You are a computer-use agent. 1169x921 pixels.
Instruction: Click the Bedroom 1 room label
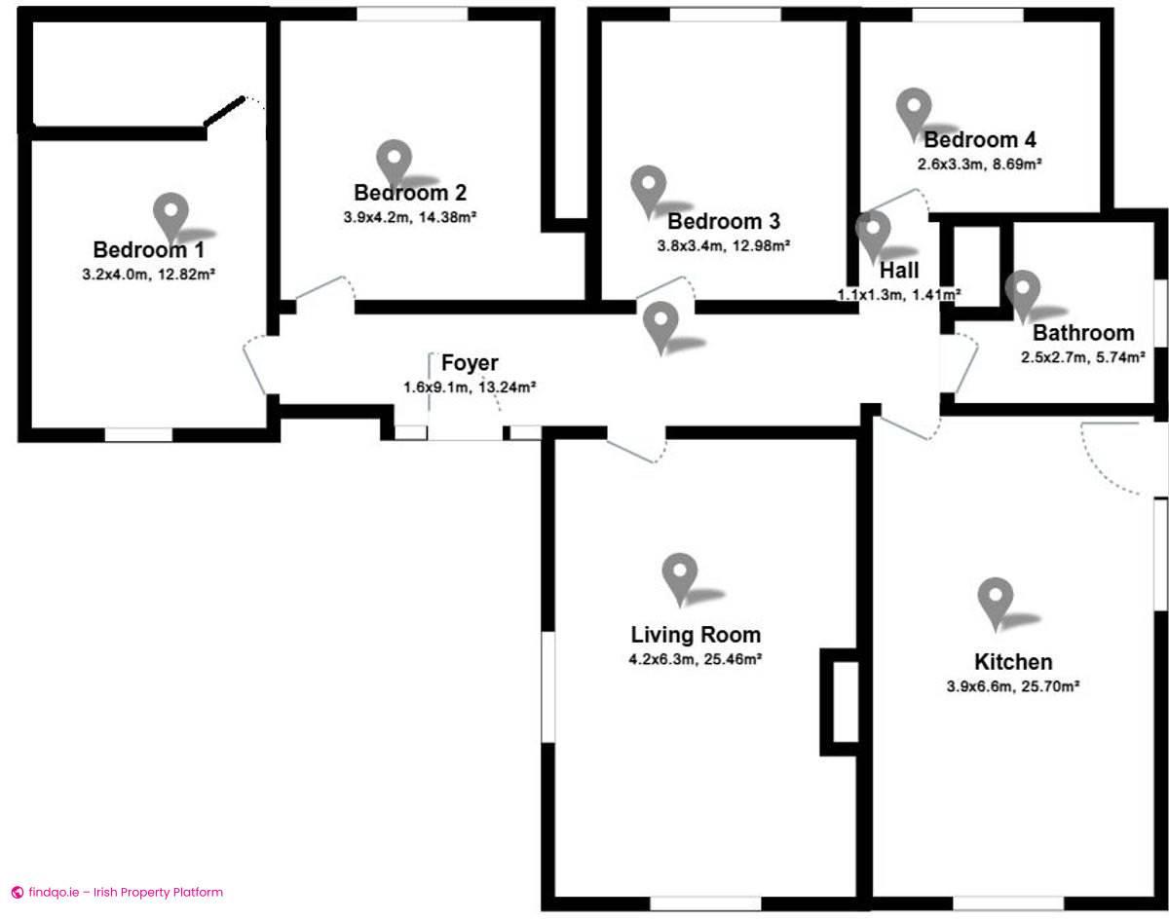tap(149, 250)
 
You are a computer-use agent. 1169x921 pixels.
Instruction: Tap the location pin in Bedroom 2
tap(394, 163)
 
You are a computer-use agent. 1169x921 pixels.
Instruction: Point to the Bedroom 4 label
tap(980, 139)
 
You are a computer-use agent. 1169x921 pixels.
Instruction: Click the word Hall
tap(899, 271)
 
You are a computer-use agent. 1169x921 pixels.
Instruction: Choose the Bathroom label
tap(1083, 333)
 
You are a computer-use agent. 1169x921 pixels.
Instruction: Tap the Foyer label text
tap(470, 363)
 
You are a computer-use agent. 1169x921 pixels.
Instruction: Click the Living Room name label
tap(696, 635)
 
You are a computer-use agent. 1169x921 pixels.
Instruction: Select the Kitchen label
tap(1014, 662)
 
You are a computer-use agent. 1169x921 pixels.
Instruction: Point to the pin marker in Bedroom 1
tap(171, 216)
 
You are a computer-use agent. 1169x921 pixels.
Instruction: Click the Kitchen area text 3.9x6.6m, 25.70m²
tap(1013, 686)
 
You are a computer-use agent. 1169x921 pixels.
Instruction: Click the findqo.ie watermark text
tap(126, 892)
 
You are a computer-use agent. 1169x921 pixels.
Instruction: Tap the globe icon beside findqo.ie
tap(18, 893)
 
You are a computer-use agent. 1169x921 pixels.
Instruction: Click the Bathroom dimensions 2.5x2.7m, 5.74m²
tap(1083, 357)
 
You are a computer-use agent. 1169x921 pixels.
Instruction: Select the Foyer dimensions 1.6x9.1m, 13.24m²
tap(470, 387)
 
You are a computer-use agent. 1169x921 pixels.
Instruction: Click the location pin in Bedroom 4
tap(914, 112)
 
